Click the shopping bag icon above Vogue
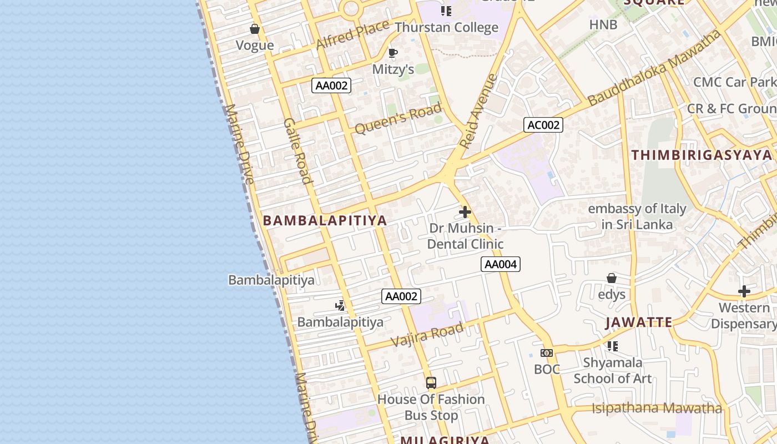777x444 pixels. (255, 29)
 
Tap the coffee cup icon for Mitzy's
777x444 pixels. (393, 53)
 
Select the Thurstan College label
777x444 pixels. (446, 27)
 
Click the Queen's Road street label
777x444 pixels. (398, 118)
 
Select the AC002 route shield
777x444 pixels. (543, 125)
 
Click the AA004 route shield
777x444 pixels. (501, 264)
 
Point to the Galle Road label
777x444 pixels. (297, 150)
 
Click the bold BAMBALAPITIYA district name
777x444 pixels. (325, 220)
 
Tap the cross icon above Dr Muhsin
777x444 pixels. (465, 212)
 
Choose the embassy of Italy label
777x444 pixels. (637, 216)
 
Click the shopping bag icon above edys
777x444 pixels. (612, 277)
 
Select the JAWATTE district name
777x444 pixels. (639, 322)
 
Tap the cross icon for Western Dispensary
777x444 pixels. (744, 291)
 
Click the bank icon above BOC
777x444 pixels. (547, 353)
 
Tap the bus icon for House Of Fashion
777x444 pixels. (431, 382)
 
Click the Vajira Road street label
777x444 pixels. (427, 335)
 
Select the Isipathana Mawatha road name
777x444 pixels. (657, 408)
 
